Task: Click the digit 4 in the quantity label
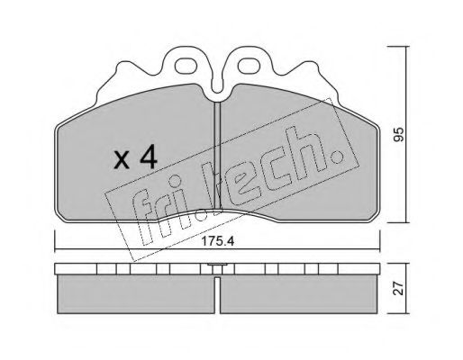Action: [x=149, y=158]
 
